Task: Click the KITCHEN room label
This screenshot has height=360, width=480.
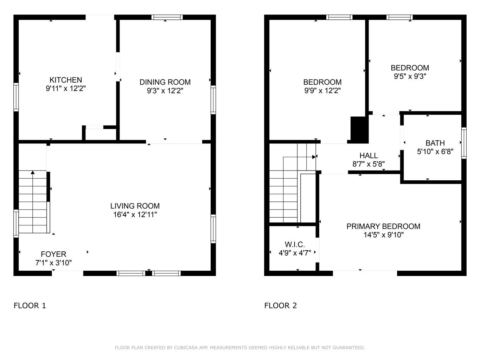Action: (66, 80)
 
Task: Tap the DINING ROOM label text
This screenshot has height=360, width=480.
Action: (165, 82)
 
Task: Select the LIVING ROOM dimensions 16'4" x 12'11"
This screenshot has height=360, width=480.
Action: (135, 215)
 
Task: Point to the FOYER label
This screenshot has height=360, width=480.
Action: (53, 254)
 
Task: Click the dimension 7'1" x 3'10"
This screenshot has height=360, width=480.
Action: (53, 263)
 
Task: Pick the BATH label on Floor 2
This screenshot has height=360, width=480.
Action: (435, 143)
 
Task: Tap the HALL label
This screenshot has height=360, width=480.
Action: (369, 155)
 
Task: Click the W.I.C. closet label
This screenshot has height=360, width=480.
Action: (295, 244)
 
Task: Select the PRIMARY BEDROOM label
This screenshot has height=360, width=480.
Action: (383, 226)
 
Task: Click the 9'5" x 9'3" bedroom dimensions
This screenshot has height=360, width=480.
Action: (410, 76)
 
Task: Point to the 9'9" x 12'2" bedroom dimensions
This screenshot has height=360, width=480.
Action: (322, 90)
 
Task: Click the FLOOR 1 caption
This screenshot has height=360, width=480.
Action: (30, 306)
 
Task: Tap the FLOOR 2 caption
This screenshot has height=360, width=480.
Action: (281, 306)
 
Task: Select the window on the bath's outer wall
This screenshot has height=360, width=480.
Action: (464, 143)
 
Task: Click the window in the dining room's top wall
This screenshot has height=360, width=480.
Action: (167, 17)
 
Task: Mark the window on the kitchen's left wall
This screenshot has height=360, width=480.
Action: (16, 97)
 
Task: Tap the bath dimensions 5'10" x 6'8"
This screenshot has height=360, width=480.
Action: (435, 152)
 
